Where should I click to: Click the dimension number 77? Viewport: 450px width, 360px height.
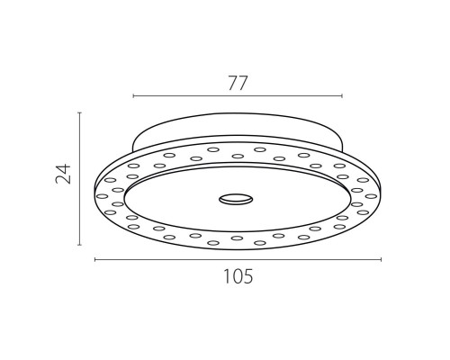pyautogui.click(x=238, y=83)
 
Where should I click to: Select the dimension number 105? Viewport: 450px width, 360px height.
pyautogui.click(x=238, y=276)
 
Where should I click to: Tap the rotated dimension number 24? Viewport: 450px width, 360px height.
pyautogui.click(x=63, y=174)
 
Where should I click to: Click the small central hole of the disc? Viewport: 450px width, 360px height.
pyautogui.click(x=236, y=199)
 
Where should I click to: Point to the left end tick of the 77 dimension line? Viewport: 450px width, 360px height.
pyautogui.click(x=133, y=95)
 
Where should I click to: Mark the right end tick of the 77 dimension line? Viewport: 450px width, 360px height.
pyautogui.click(x=342, y=95)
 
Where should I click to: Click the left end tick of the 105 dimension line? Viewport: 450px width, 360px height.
pyautogui.click(x=95, y=259)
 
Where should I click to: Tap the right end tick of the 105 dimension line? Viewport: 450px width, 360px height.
pyautogui.click(x=381, y=259)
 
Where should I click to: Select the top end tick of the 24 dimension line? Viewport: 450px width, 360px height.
pyautogui.click(x=79, y=112)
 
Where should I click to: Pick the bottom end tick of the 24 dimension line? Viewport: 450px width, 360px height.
pyautogui.click(x=79, y=245)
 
